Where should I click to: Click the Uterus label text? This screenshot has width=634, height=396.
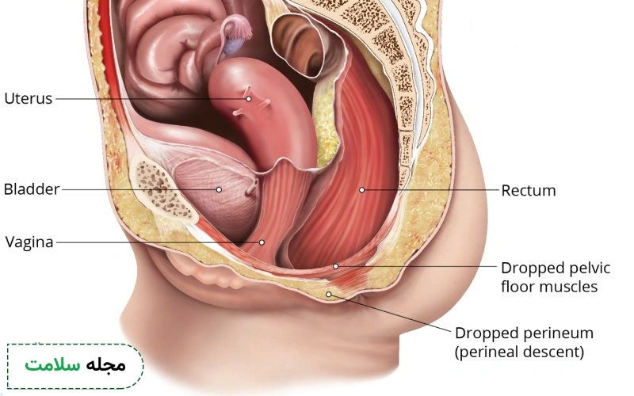29,98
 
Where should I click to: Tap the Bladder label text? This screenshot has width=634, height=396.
32,189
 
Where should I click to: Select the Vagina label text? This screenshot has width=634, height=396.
29,242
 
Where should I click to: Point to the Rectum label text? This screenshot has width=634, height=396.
529,190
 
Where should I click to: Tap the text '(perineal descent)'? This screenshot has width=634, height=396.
520,352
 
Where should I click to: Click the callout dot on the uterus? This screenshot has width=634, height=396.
249,98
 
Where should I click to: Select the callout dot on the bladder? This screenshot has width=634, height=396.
219,189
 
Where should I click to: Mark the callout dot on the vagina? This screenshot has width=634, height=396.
262,242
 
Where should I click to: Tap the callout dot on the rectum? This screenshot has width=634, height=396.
362,190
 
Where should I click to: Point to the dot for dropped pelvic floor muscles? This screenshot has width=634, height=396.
335,266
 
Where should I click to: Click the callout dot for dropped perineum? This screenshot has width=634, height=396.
329,295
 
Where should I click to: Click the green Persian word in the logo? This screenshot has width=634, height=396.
52,365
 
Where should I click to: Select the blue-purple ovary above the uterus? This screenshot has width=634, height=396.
233,46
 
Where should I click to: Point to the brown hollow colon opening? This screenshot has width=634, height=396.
299,44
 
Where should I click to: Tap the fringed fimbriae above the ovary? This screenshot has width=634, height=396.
241,29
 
